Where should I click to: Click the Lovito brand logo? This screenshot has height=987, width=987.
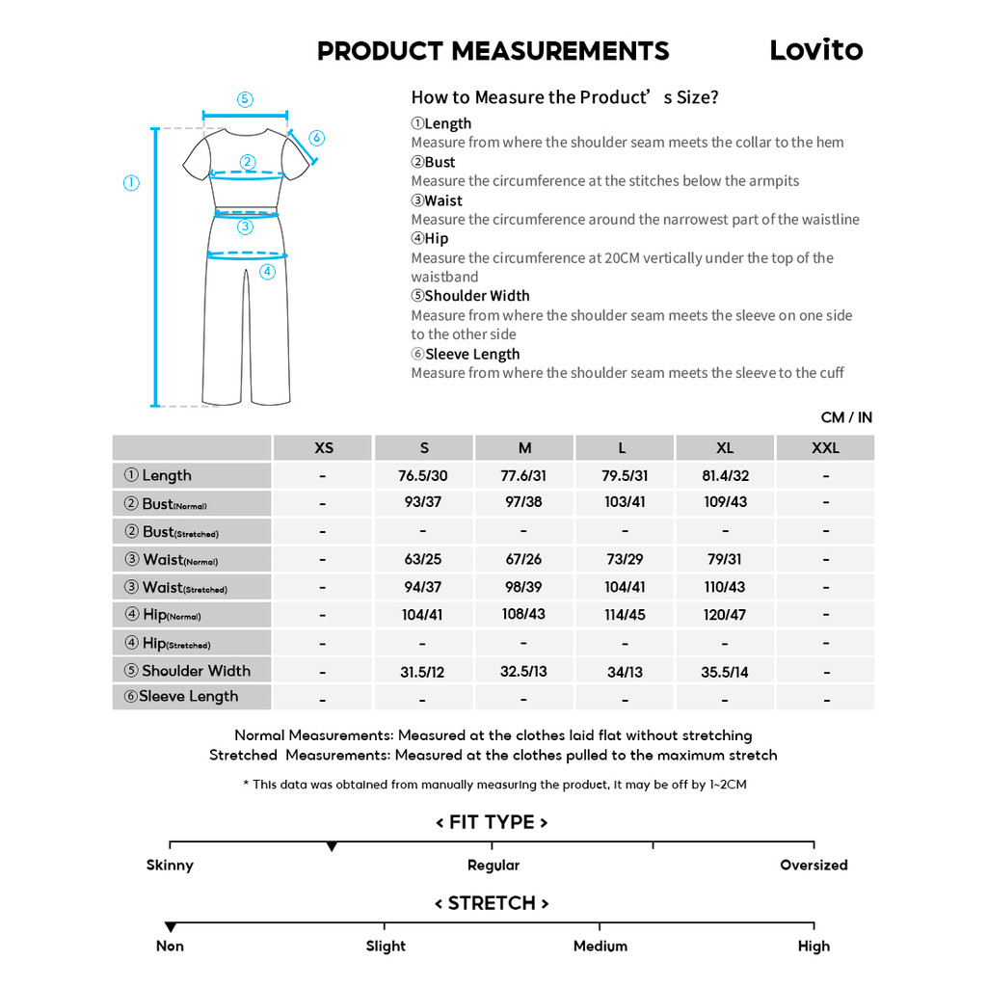[815, 50]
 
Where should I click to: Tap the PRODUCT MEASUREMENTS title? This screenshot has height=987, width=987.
[493, 51]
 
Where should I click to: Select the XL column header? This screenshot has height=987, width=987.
[725, 447]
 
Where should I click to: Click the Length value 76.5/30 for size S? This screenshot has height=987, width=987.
[423, 476]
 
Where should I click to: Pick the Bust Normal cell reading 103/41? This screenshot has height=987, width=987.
[625, 502]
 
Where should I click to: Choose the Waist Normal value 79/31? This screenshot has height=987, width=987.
[725, 559]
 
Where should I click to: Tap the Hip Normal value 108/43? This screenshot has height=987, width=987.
[523, 614]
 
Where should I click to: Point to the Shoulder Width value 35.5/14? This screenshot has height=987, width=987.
[725, 672]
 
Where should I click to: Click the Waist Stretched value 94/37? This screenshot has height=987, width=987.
[423, 587]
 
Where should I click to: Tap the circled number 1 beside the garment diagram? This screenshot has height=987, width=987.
[131, 183]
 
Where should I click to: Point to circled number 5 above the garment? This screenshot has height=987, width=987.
[245, 99]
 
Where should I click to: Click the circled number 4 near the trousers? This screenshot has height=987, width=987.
[267, 272]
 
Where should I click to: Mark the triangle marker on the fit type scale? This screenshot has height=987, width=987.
[332, 846]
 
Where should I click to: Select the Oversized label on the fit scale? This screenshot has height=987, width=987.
[814, 865]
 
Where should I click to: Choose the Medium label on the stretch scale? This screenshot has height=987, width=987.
[600, 946]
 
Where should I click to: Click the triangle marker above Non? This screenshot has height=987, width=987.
[171, 927]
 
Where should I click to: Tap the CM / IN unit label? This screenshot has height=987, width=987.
[846, 417]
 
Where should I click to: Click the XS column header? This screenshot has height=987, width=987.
[324, 447]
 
